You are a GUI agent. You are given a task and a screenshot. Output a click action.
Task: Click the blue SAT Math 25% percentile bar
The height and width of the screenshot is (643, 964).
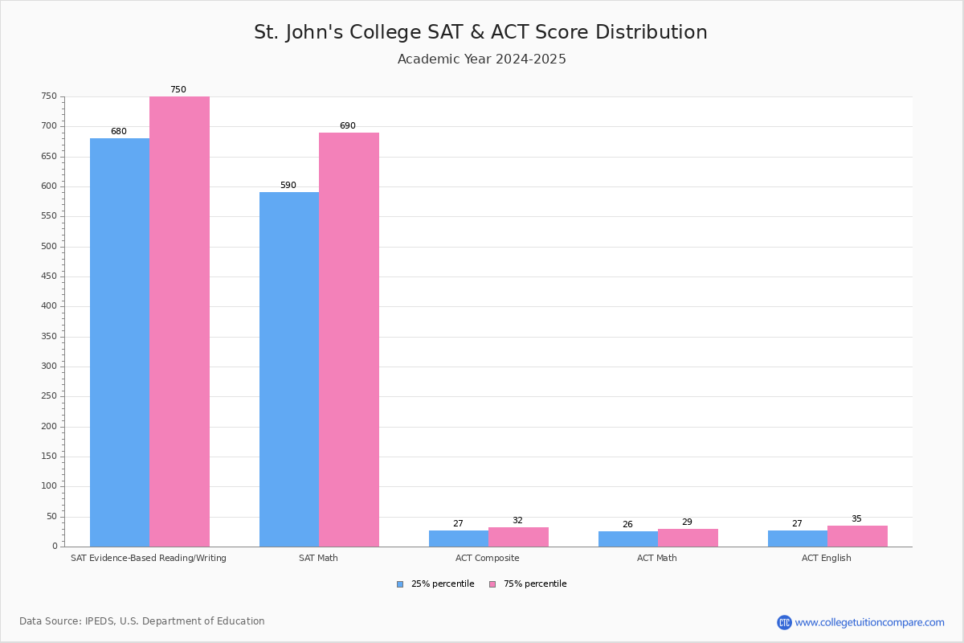pos(289,370)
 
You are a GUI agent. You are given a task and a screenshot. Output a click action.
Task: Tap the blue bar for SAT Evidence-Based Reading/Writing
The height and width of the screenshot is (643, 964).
pos(120,342)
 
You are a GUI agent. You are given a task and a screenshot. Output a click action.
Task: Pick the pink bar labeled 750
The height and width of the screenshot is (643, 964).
pos(179,321)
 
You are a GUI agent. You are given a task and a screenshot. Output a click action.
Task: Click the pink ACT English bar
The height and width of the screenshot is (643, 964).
pos(857,536)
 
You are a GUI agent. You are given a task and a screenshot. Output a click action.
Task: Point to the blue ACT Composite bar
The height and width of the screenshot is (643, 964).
pos(459,539)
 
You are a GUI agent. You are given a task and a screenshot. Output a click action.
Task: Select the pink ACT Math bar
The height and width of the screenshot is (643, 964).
pos(688,538)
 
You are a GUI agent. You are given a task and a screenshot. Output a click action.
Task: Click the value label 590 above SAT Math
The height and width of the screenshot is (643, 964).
pos(288,186)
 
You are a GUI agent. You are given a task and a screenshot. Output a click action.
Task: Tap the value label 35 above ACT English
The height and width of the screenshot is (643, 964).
pos(856,519)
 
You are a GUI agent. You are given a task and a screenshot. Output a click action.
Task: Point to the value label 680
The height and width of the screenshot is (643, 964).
pos(119,132)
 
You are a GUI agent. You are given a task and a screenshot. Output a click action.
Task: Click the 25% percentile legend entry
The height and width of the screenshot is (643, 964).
pos(435,584)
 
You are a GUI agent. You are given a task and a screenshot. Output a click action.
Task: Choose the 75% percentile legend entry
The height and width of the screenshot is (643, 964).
pos(528,584)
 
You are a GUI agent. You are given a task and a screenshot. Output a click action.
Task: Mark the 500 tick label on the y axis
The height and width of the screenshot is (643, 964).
pos(50,247)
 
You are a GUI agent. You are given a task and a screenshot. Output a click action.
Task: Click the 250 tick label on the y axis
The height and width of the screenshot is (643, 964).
pos(50,396)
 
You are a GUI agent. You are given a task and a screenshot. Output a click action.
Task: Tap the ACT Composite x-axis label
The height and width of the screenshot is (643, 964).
pos(488,558)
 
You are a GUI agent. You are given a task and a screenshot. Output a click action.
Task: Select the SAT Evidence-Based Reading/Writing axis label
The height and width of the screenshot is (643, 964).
pos(149,558)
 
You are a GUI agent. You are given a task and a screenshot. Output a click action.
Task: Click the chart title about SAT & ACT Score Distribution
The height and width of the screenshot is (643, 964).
pos(480,32)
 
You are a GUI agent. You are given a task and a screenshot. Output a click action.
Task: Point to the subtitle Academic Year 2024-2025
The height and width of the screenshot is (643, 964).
pos(482,59)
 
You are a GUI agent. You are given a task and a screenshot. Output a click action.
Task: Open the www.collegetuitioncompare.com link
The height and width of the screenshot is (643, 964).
pos(869,622)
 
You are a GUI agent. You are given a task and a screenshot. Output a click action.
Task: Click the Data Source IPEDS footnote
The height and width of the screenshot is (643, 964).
pos(142,621)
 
